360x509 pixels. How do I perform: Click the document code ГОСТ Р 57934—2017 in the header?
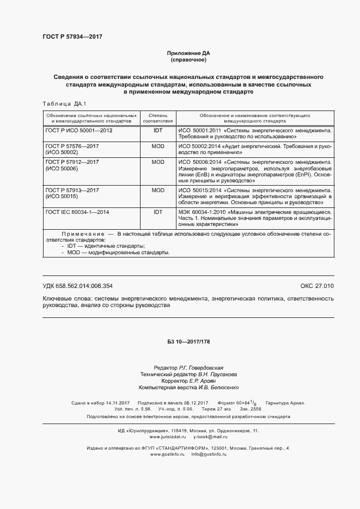72,36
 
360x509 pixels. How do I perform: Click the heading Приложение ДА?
188,53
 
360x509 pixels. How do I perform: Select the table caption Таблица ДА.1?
64,103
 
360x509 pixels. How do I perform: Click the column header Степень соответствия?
158,118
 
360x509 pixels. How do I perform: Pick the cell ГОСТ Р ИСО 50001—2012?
79,131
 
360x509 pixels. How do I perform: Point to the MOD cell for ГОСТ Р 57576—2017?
158,146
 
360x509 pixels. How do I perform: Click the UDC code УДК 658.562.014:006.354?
77,286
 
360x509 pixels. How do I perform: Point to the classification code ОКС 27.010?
316,286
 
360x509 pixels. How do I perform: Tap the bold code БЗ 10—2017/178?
188,341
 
